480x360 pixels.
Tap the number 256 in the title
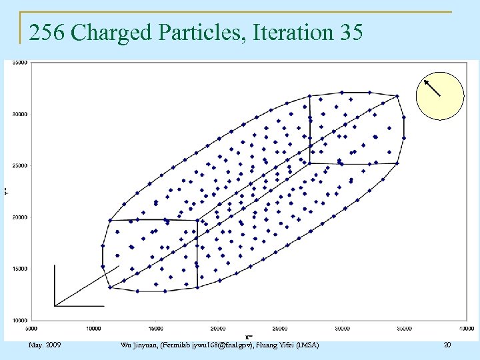pyautogui.click(x=46, y=32)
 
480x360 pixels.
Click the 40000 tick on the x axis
pyautogui.click(x=466, y=328)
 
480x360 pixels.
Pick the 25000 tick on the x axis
pyautogui.click(x=280, y=328)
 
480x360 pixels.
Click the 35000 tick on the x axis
pyautogui.click(x=404, y=328)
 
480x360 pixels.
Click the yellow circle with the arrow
pyautogui.click(x=439, y=95)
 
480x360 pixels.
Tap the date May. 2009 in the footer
pyautogui.click(x=45, y=345)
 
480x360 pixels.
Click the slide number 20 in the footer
pyautogui.click(x=447, y=345)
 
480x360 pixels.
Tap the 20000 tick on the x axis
pyautogui.click(x=218, y=328)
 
